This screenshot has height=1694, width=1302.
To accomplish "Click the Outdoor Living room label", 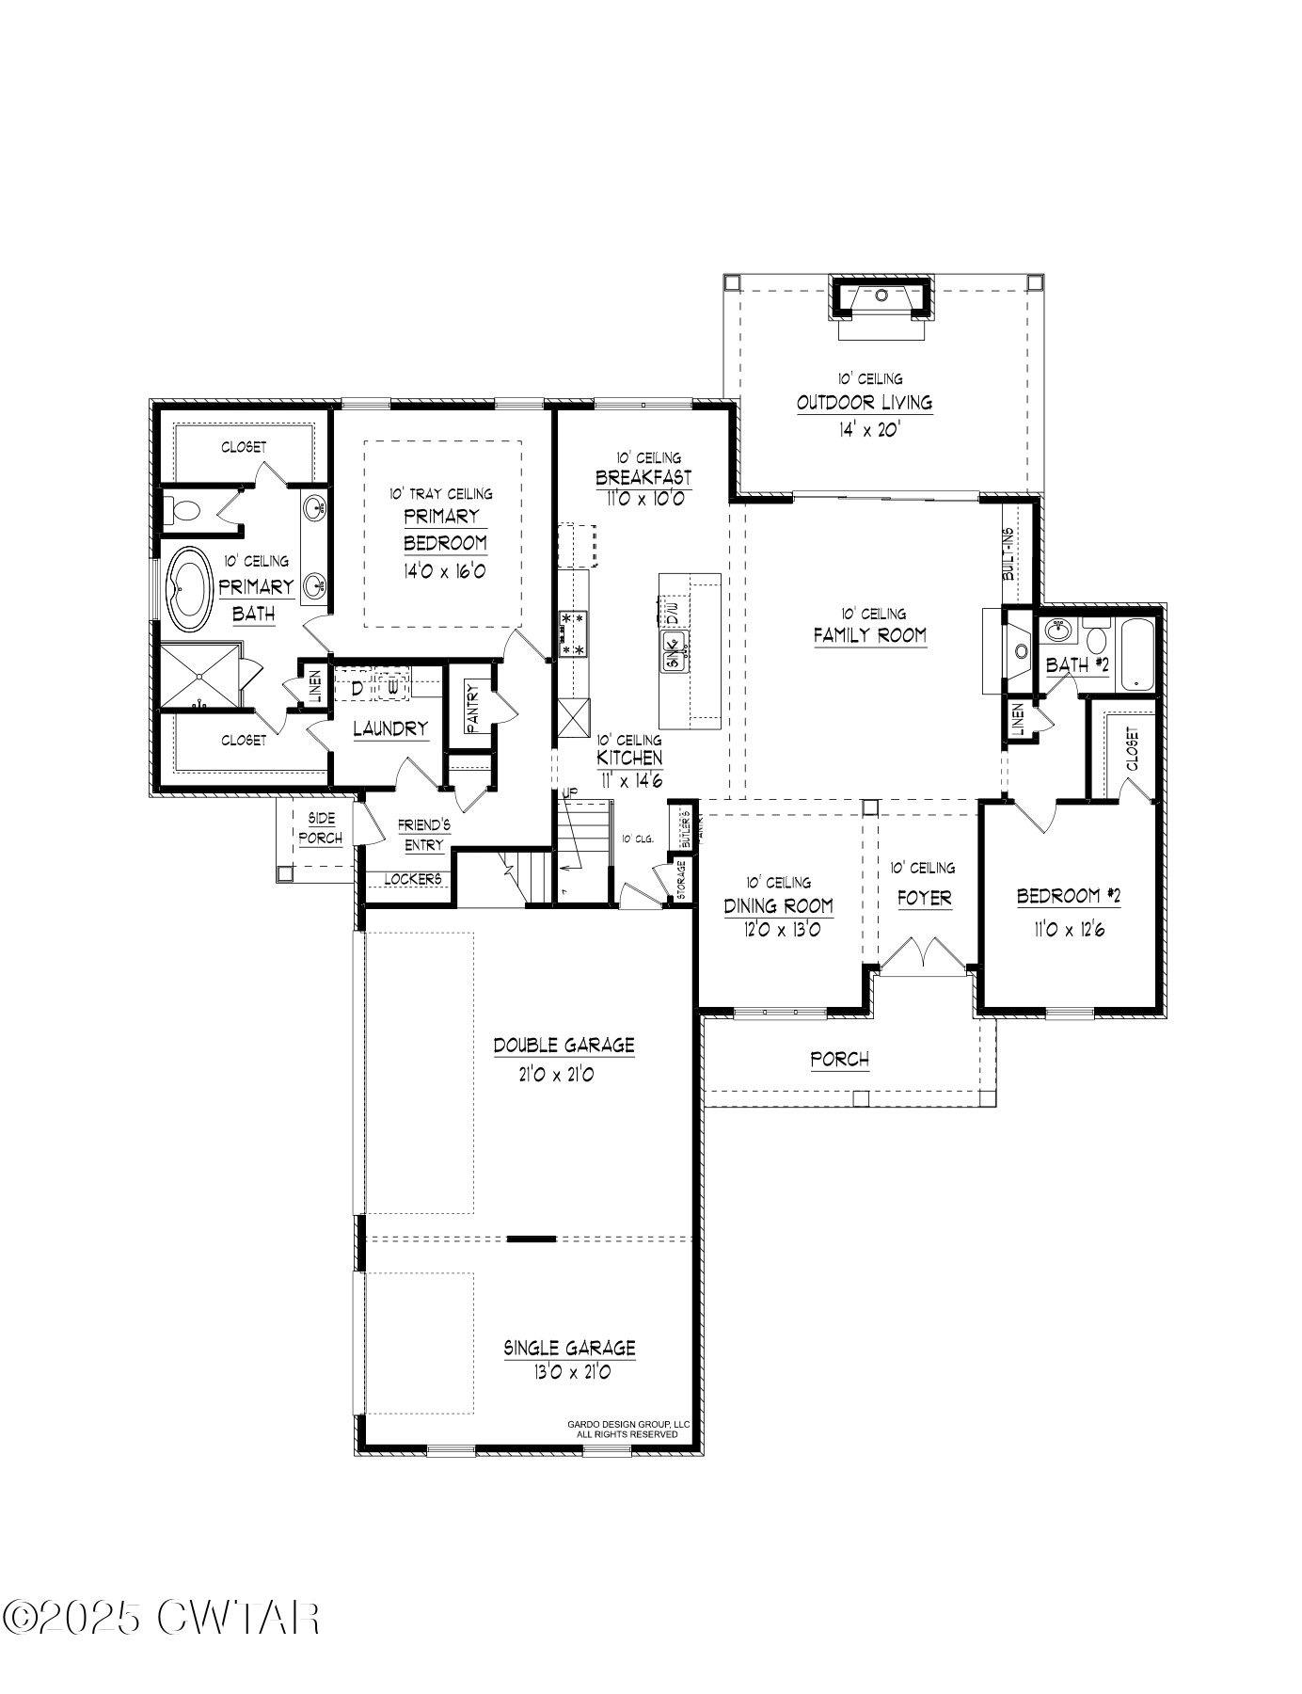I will click(864, 403).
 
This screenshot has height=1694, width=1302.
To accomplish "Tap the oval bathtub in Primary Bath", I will click(191, 589).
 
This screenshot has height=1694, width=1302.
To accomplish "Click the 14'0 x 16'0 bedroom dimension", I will click(445, 571).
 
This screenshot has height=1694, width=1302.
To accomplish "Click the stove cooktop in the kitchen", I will click(572, 633).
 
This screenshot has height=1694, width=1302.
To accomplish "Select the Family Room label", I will click(869, 635).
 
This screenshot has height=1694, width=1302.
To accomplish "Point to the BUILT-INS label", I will click(1008, 553).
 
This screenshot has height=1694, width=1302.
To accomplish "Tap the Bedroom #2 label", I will click(1068, 896).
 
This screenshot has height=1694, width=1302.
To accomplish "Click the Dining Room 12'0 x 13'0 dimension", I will click(778, 930).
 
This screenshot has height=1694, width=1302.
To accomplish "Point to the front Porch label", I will click(839, 1060).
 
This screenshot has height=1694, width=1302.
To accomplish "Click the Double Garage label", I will click(564, 1046).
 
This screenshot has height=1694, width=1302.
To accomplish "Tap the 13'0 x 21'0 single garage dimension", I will click(570, 1372).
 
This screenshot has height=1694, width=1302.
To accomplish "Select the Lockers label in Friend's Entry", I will click(412, 878).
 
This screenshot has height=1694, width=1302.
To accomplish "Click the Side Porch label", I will click(320, 828).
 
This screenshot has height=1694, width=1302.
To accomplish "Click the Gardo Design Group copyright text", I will click(627, 1430).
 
